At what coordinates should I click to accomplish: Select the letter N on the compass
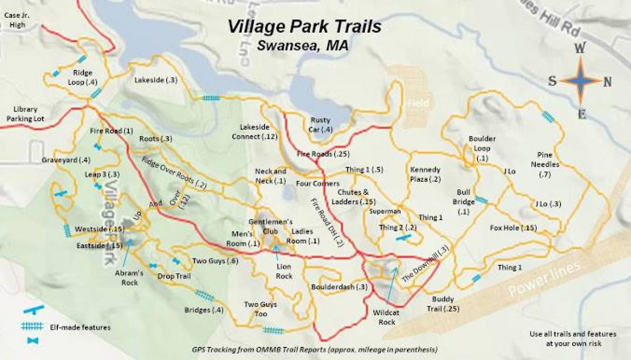tap(607, 81)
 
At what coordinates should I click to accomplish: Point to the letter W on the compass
tap(580, 49)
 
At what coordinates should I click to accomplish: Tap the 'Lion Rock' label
tap(284, 271)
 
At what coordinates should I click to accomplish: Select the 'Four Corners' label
tap(313, 184)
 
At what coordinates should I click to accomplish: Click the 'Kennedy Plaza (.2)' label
tap(425, 174)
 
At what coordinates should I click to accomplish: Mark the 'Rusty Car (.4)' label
tap(321, 125)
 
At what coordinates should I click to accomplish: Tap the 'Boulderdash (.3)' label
tap(339, 286)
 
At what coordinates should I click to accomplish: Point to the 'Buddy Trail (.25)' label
tap(439, 304)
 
